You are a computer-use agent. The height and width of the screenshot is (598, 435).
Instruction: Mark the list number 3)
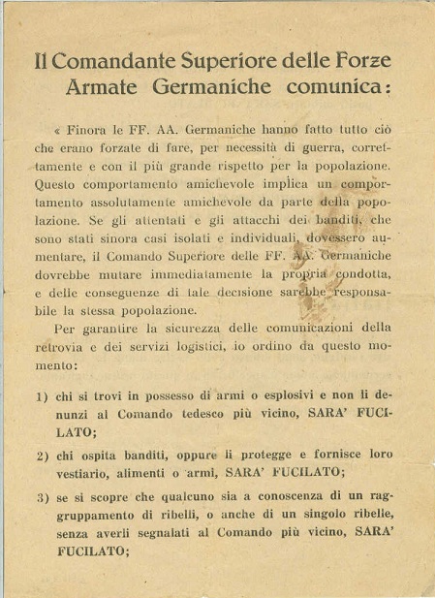42,499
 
